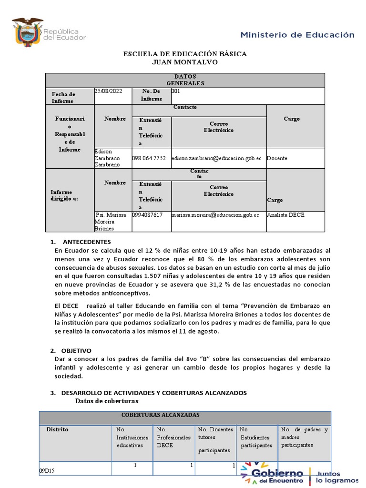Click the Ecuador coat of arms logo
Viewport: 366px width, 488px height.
coord(27,32)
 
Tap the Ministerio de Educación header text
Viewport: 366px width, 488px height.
coord(297,35)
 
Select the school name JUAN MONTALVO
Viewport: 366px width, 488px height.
coord(185,62)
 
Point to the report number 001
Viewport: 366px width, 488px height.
coord(175,91)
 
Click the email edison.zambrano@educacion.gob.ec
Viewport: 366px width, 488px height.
coord(216,158)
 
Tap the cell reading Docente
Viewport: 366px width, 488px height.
coord(277,158)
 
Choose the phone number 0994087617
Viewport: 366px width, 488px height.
coord(148,215)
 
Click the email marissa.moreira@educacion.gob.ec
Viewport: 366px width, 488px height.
coord(215,215)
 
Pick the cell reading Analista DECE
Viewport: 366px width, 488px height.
coord(286,215)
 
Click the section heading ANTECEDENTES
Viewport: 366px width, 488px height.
coord(87,242)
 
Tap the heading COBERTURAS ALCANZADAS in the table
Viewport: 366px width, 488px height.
coord(161,415)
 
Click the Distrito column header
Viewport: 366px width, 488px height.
coord(57,429)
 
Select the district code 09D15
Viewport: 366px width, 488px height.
coord(47,470)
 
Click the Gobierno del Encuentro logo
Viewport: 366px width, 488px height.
coord(272,473)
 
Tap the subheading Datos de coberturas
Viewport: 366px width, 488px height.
coord(107,401)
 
